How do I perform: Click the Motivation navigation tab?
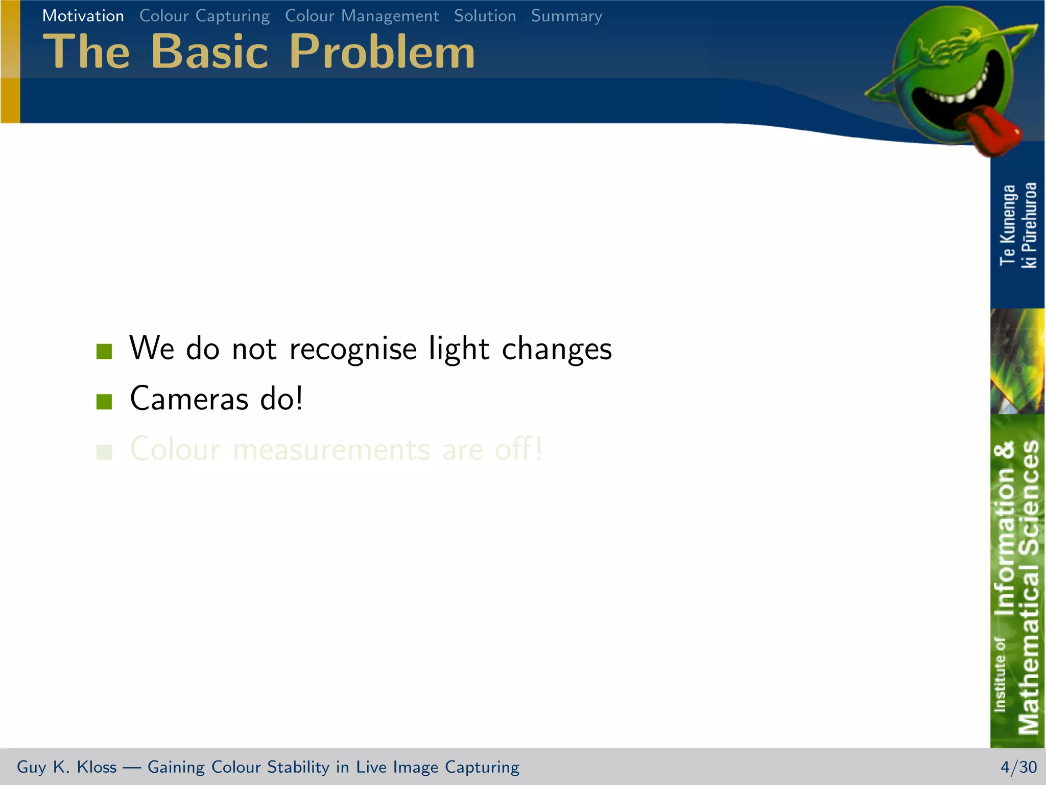(83, 16)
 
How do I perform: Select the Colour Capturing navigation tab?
(204, 16)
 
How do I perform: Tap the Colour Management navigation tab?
(362, 16)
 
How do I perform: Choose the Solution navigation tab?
(485, 16)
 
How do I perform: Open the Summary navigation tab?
(566, 16)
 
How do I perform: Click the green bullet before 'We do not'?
(104, 351)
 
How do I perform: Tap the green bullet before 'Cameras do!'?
(104, 401)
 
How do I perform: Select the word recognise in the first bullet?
(353, 349)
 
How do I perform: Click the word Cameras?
(189, 399)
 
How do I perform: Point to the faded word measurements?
(331, 450)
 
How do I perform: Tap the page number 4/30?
(1018, 767)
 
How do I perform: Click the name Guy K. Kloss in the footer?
(66, 767)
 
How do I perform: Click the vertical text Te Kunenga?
(1007, 225)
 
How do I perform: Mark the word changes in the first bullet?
(557, 349)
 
